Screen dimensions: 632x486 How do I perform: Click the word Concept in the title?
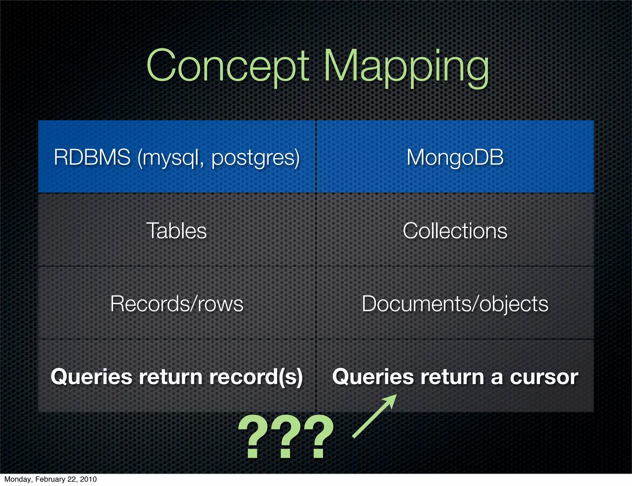pyautogui.click(x=227, y=66)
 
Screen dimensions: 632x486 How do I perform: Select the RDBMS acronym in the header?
pyautogui.click(x=92, y=157)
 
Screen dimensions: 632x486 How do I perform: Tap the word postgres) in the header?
pyautogui.click(x=256, y=158)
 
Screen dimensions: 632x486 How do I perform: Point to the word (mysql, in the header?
pyautogui.click(x=171, y=158)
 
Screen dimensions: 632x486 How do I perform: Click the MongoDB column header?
pyautogui.click(x=455, y=157)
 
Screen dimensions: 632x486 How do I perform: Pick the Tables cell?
pyautogui.click(x=177, y=231)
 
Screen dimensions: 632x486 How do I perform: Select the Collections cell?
pyautogui.click(x=455, y=231)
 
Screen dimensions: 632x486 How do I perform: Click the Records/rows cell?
pyautogui.click(x=177, y=304)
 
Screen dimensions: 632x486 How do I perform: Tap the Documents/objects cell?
pyautogui.click(x=455, y=304)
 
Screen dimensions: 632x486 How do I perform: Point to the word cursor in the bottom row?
pyautogui.click(x=544, y=377)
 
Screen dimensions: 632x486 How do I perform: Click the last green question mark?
pyautogui.click(x=318, y=436)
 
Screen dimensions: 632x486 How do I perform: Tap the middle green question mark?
pyautogui.click(x=285, y=436)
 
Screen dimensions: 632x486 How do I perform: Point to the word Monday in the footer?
pyautogui.click(x=18, y=479)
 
